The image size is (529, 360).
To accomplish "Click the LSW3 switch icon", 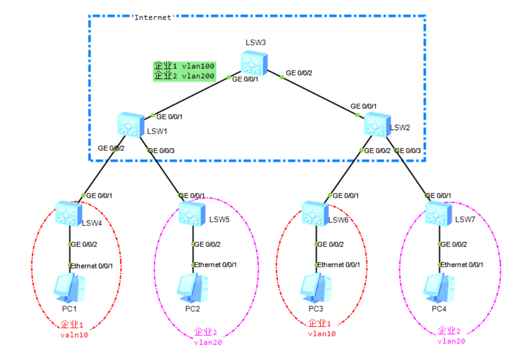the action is tap(254, 63).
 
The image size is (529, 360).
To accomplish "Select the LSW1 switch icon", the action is tap(131, 124).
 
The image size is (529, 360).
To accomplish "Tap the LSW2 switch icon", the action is tap(378, 125).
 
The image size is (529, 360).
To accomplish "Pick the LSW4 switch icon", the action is tap(69, 214).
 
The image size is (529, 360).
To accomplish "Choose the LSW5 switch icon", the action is tap(192, 214).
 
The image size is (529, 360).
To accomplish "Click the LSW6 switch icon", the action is tap(315, 214).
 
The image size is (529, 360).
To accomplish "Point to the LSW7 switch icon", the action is tap(438, 214).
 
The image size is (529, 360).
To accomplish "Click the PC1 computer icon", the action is tap(69, 288).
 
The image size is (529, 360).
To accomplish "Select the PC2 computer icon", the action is tap(192, 288).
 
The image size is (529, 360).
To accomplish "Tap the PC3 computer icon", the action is tap(316, 288).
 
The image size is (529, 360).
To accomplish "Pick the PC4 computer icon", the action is tap(439, 288).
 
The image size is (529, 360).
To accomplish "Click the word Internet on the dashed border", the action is tap(153, 18).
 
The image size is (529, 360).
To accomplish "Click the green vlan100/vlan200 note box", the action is tap(184, 71).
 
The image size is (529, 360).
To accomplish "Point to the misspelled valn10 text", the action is tap(74, 335).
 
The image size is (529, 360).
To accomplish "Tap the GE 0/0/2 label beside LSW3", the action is tap(299, 73).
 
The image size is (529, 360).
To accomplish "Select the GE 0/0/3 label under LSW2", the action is tap(408, 150).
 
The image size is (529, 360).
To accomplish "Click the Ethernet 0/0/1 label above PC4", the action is tap(461, 265).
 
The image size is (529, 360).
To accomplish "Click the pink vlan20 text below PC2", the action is tap(208, 342).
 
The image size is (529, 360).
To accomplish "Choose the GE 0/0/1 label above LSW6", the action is tap(346, 196).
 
